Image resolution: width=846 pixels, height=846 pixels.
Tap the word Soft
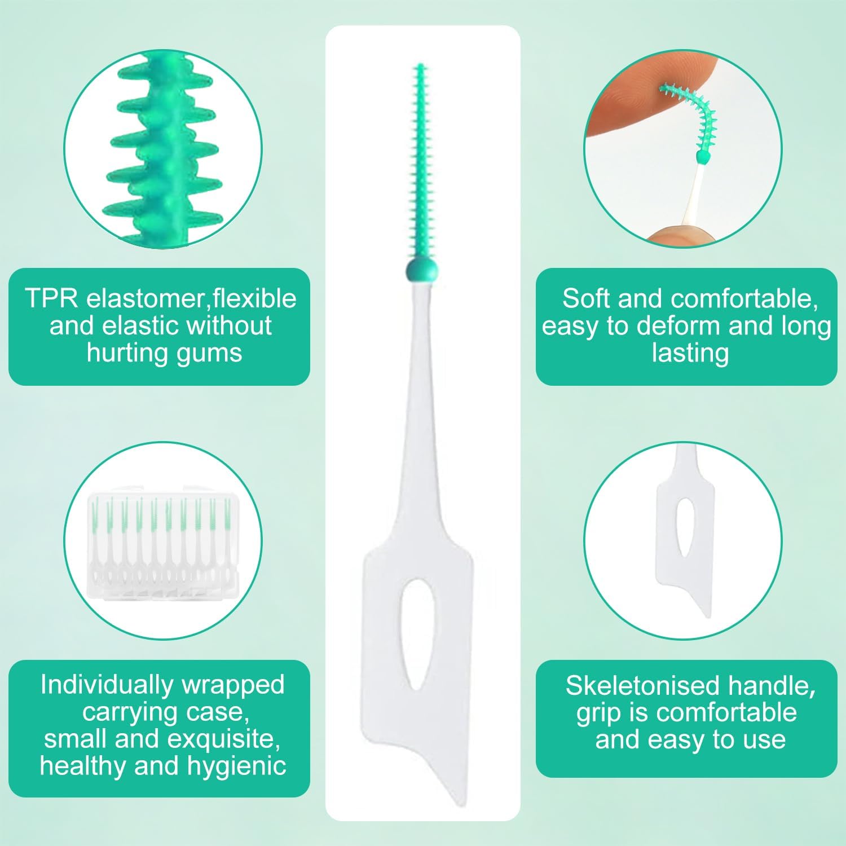(585, 298)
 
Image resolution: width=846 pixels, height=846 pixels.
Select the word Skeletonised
(642, 686)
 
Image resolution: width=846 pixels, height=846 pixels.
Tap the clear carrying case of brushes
(164, 541)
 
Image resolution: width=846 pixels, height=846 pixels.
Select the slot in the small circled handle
(685, 528)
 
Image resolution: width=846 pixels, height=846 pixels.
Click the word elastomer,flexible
(191, 298)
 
